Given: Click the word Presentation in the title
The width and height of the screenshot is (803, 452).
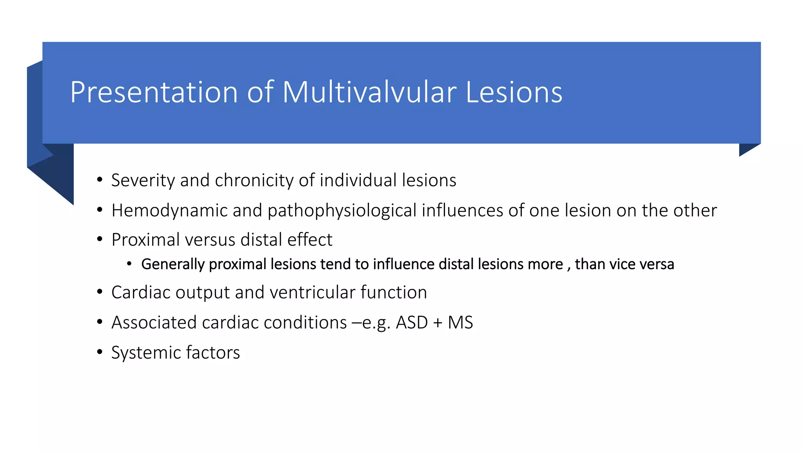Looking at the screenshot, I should pyautogui.click(x=154, y=93).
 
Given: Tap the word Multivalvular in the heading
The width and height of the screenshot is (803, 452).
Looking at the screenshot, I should pyautogui.click(x=369, y=93).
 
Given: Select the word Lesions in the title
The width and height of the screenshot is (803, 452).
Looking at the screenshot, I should pyautogui.click(x=514, y=93).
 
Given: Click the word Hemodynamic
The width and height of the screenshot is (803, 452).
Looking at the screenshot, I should pyautogui.click(x=169, y=211).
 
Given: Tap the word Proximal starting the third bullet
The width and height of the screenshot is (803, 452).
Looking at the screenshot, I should pyautogui.click(x=145, y=240).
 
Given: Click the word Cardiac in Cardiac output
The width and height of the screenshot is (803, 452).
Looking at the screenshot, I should pyautogui.click(x=140, y=293).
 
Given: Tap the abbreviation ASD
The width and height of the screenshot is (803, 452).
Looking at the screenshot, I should pyautogui.click(x=412, y=323).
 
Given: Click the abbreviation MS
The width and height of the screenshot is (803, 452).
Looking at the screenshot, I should pyautogui.click(x=460, y=323).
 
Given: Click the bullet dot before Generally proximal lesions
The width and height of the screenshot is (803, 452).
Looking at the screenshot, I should pyautogui.click(x=129, y=264).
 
